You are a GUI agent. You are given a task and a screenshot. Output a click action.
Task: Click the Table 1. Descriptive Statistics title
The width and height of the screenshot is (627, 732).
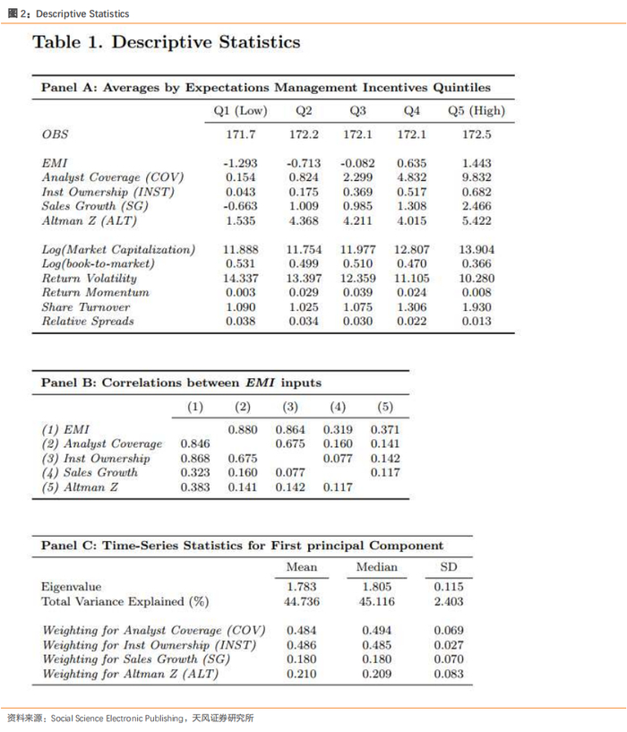(x=166, y=42)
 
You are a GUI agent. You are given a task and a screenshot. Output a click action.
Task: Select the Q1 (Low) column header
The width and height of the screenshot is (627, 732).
(x=240, y=111)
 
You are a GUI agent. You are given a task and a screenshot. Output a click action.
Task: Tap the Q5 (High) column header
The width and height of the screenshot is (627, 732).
(x=476, y=111)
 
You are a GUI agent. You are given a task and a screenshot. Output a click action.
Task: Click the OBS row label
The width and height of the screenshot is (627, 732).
(x=55, y=134)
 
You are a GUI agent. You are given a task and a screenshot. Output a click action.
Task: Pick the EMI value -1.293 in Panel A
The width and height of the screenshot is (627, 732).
(x=240, y=164)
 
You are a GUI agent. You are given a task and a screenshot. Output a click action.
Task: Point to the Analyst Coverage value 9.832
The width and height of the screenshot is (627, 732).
(x=476, y=178)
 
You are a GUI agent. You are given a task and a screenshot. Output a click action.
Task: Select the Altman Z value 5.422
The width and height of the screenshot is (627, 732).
(x=476, y=221)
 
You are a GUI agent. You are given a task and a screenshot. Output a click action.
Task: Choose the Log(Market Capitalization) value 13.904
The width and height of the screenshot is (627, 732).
(x=476, y=250)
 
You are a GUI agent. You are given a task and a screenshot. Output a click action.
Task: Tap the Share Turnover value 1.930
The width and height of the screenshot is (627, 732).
(x=476, y=307)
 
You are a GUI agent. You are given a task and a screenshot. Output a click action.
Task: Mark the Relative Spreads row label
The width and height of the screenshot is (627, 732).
(x=88, y=322)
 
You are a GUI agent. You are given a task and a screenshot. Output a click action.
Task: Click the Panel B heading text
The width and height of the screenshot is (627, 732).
(x=181, y=383)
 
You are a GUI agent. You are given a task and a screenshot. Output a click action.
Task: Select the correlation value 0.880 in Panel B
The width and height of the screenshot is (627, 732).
(x=243, y=430)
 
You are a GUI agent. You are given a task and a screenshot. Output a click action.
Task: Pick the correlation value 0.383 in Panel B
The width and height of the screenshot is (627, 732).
(x=195, y=487)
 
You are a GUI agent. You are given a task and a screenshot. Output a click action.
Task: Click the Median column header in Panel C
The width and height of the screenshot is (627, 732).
(x=376, y=567)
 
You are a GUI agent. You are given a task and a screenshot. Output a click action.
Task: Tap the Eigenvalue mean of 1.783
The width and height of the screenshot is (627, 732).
(x=301, y=588)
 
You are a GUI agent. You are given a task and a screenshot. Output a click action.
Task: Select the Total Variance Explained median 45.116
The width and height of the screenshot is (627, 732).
(x=376, y=602)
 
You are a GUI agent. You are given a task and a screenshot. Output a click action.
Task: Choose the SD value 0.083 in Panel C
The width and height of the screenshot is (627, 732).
(x=449, y=674)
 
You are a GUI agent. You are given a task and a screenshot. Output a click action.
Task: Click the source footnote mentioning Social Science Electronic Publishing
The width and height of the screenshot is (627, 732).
(x=130, y=718)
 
